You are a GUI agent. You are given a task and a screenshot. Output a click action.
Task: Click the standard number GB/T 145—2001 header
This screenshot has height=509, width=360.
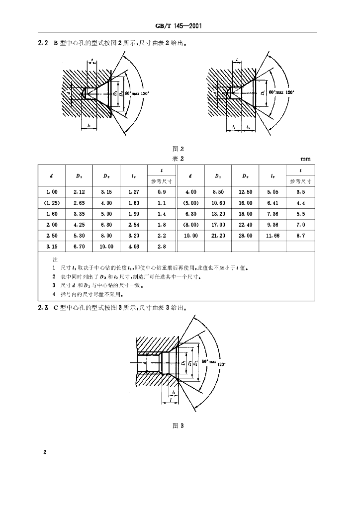point(180,26)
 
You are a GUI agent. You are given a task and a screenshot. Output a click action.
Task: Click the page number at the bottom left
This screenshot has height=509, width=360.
point(45,452)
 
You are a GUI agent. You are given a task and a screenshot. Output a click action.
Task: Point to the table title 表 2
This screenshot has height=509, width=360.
point(178,159)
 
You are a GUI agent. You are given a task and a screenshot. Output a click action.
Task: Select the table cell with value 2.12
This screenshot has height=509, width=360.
point(79,191)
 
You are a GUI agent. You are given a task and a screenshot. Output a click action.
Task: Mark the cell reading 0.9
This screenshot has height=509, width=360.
point(161,191)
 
